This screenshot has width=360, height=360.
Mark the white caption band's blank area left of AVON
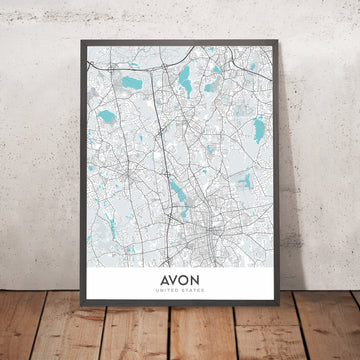point(120,284)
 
